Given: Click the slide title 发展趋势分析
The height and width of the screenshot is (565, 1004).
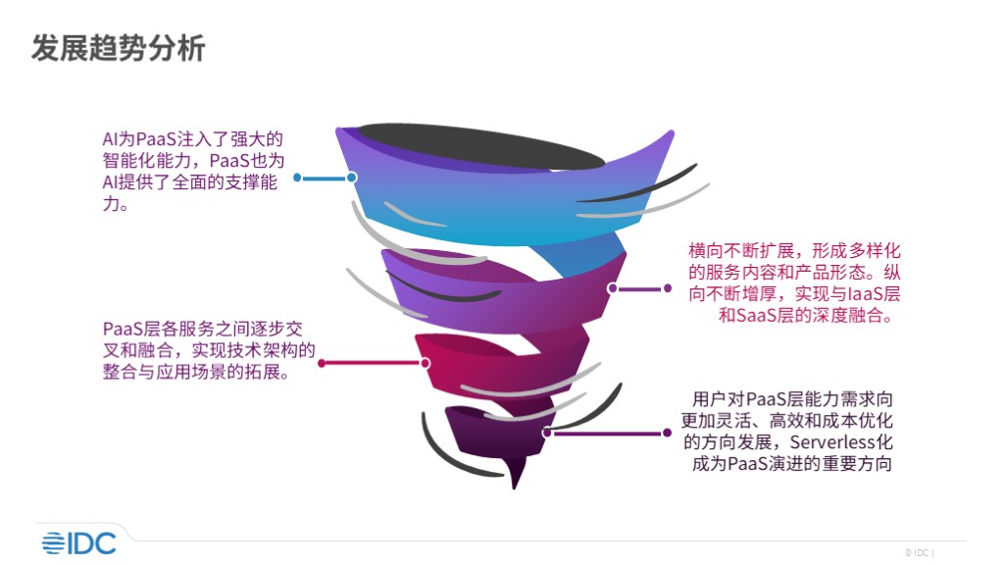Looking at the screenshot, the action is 119,48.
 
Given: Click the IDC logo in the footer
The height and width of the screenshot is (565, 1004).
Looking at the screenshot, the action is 78,543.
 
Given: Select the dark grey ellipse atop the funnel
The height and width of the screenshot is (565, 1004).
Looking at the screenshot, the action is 480,147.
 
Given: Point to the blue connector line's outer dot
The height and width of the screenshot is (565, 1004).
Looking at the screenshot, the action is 297,178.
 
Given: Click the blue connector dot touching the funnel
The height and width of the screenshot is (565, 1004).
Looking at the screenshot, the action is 352,178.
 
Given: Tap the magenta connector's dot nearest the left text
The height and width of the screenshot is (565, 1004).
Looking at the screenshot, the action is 322,363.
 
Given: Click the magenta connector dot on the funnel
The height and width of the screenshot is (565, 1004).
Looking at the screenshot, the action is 426,363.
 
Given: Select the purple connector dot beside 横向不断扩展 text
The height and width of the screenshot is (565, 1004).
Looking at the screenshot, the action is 667,289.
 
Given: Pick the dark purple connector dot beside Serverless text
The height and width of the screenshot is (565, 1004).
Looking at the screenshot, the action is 667,433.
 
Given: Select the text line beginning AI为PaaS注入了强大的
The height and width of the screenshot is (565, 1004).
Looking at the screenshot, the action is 193,139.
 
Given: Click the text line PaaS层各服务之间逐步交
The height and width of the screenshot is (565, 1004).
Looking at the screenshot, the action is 202,329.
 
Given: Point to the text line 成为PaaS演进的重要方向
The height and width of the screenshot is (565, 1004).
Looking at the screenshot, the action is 792,463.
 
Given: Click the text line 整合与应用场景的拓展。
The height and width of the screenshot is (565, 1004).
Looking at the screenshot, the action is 196,372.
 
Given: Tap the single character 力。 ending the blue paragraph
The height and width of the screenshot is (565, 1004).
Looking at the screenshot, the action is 116,204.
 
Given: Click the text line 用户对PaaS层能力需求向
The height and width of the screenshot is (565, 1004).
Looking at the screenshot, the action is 792,399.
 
